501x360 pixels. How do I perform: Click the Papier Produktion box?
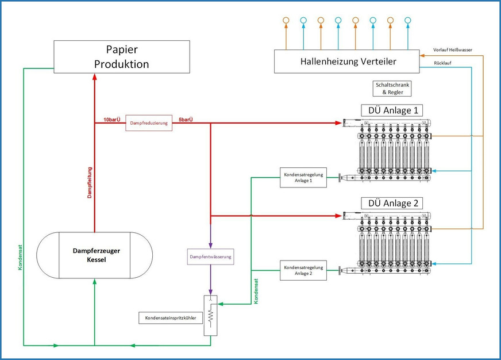(x=121, y=56)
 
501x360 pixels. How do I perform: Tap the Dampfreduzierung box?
(x=149, y=122)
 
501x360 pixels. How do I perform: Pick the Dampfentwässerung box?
(x=210, y=256)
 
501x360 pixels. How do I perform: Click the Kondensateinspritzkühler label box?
(x=170, y=317)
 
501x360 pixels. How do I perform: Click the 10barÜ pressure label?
(x=112, y=120)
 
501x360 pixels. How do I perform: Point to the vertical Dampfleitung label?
(x=90, y=182)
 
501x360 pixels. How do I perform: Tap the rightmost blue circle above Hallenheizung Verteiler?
(x=407, y=21)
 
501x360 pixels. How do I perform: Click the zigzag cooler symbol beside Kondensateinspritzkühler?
(x=211, y=316)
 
